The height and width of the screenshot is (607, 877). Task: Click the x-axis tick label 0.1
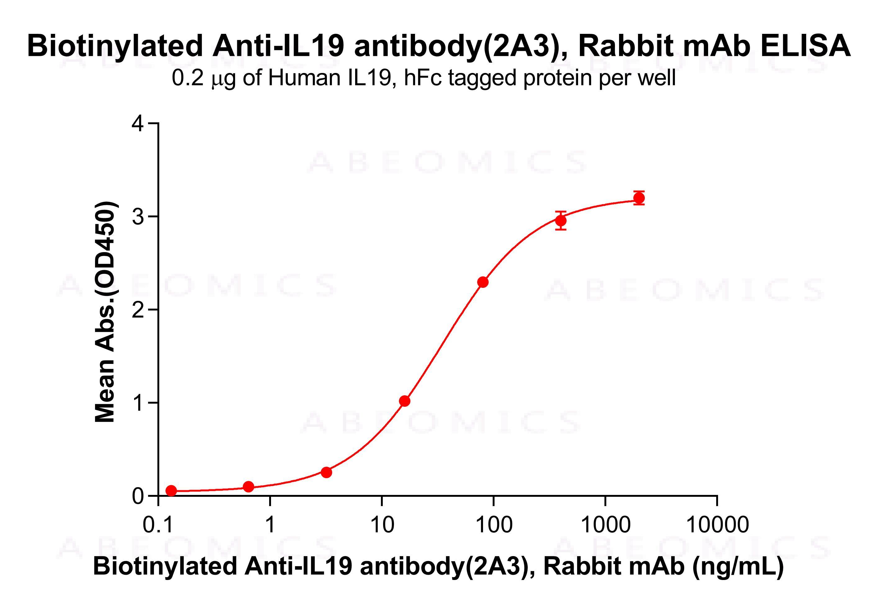pos(158,525)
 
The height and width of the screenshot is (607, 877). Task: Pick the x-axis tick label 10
pos(382,525)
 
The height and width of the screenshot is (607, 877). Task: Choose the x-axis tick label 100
pos(493,525)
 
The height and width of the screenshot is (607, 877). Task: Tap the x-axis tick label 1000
pos(605,525)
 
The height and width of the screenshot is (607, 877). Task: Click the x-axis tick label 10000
pos(717,525)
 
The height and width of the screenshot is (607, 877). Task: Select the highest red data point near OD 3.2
pos(639,198)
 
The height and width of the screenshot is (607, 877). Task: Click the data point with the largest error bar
pos(561,220)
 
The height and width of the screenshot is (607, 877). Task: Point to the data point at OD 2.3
pos(483,282)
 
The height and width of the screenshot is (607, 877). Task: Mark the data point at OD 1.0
pos(405,401)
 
